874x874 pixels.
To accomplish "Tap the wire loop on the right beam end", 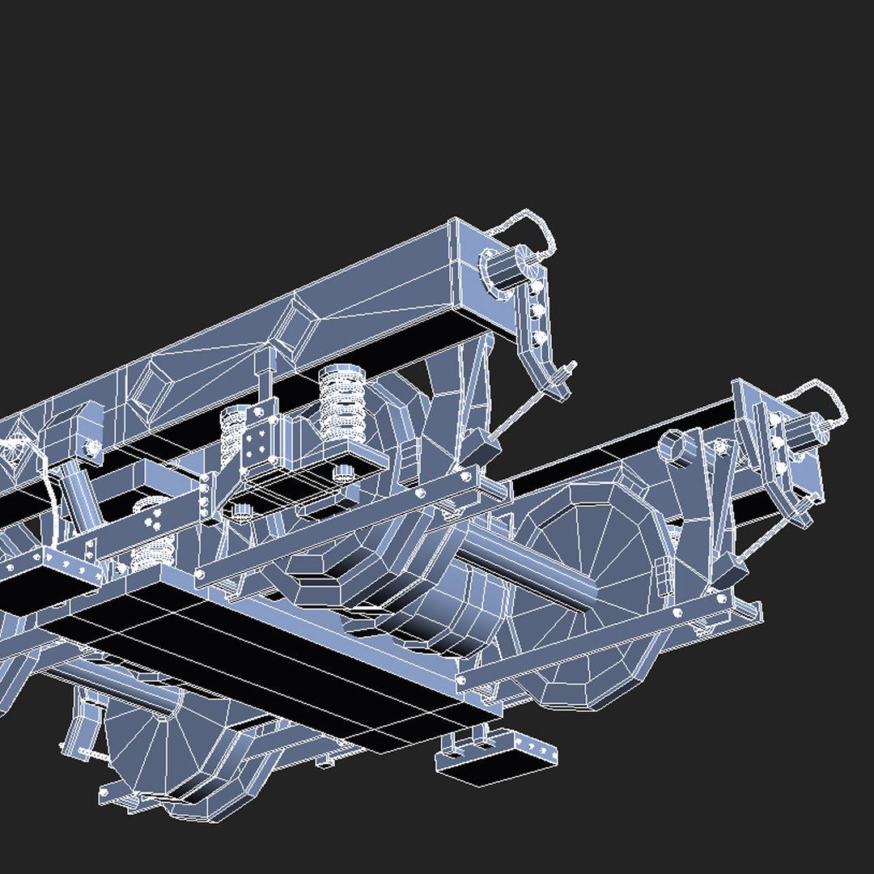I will point(821,397).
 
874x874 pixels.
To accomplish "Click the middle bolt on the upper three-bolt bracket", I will point(537,311).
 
